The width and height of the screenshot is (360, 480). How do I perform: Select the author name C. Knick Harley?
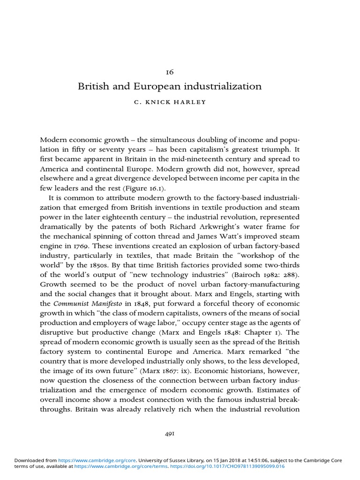(x=170, y=103)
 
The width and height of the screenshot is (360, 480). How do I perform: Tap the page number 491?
(x=169, y=435)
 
